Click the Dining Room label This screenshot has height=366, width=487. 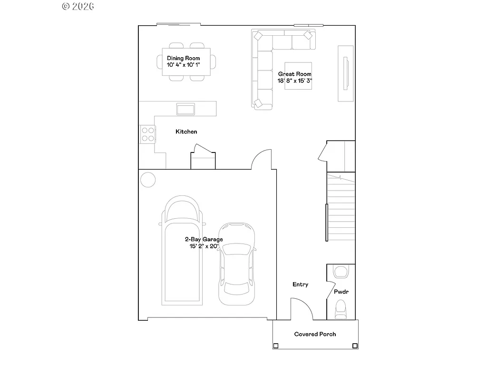pyautogui.click(x=183, y=58)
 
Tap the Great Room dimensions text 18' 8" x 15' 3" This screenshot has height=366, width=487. pyautogui.click(x=295, y=81)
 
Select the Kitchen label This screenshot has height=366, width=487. pyautogui.click(x=186, y=132)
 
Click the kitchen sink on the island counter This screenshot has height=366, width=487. pyautogui.click(x=186, y=109)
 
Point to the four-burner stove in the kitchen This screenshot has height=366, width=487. pyautogui.click(x=148, y=133)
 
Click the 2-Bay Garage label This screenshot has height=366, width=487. pyautogui.click(x=204, y=239)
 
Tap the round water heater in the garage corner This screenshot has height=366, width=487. pyautogui.click(x=148, y=180)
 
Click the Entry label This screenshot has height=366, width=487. pyautogui.click(x=300, y=285)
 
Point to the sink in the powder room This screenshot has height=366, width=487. pyautogui.click(x=341, y=272)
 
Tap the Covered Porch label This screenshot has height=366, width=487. pyautogui.click(x=315, y=334)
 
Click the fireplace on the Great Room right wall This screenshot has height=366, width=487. pyautogui.click(x=346, y=73)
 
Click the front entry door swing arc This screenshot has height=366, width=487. pyautogui.click(x=302, y=308)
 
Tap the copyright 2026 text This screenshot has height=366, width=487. pyautogui.click(x=78, y=6)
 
